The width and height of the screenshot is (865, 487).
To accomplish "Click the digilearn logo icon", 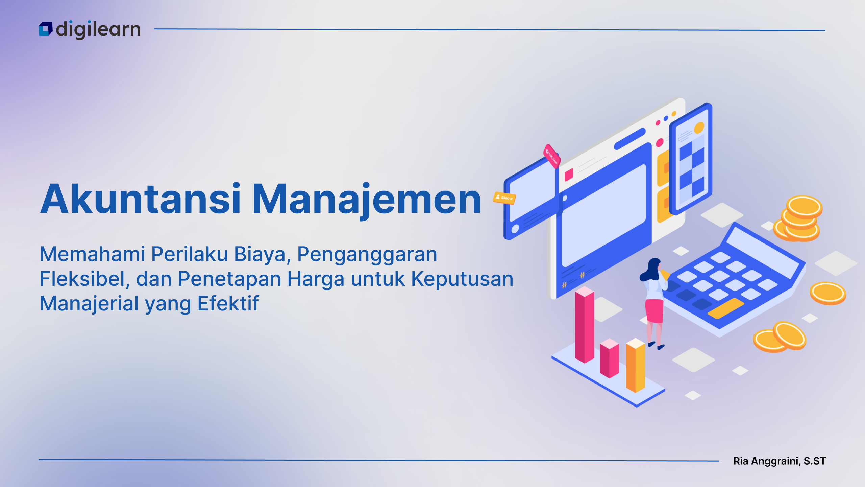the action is click(x=46, y=29).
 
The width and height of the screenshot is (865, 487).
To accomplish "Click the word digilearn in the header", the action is click(x=98, y=30).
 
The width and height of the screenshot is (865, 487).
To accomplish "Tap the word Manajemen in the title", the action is click(x=366, y=202).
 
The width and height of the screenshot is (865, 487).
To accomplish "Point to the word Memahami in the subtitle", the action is click(x=92, y=254).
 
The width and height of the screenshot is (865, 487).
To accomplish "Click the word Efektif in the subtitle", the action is click(x=228, y=303).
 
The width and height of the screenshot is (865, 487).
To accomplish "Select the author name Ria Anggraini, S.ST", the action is click(x=780, y=461).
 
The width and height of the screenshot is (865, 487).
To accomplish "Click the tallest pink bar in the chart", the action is click(x=585, y=325).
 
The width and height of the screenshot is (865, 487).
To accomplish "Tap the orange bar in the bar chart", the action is click(x=636, y=366).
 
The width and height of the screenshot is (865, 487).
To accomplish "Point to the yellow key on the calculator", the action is click(x=726, y=308).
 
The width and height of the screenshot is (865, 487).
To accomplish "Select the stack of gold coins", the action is click(x=798, y=219).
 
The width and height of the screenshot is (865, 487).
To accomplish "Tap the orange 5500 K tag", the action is click(x=504, y=198).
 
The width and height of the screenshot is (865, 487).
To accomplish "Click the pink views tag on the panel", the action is click(x=552, y=156).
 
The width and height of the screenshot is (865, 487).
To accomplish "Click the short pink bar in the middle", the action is click(x=609, y=358).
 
